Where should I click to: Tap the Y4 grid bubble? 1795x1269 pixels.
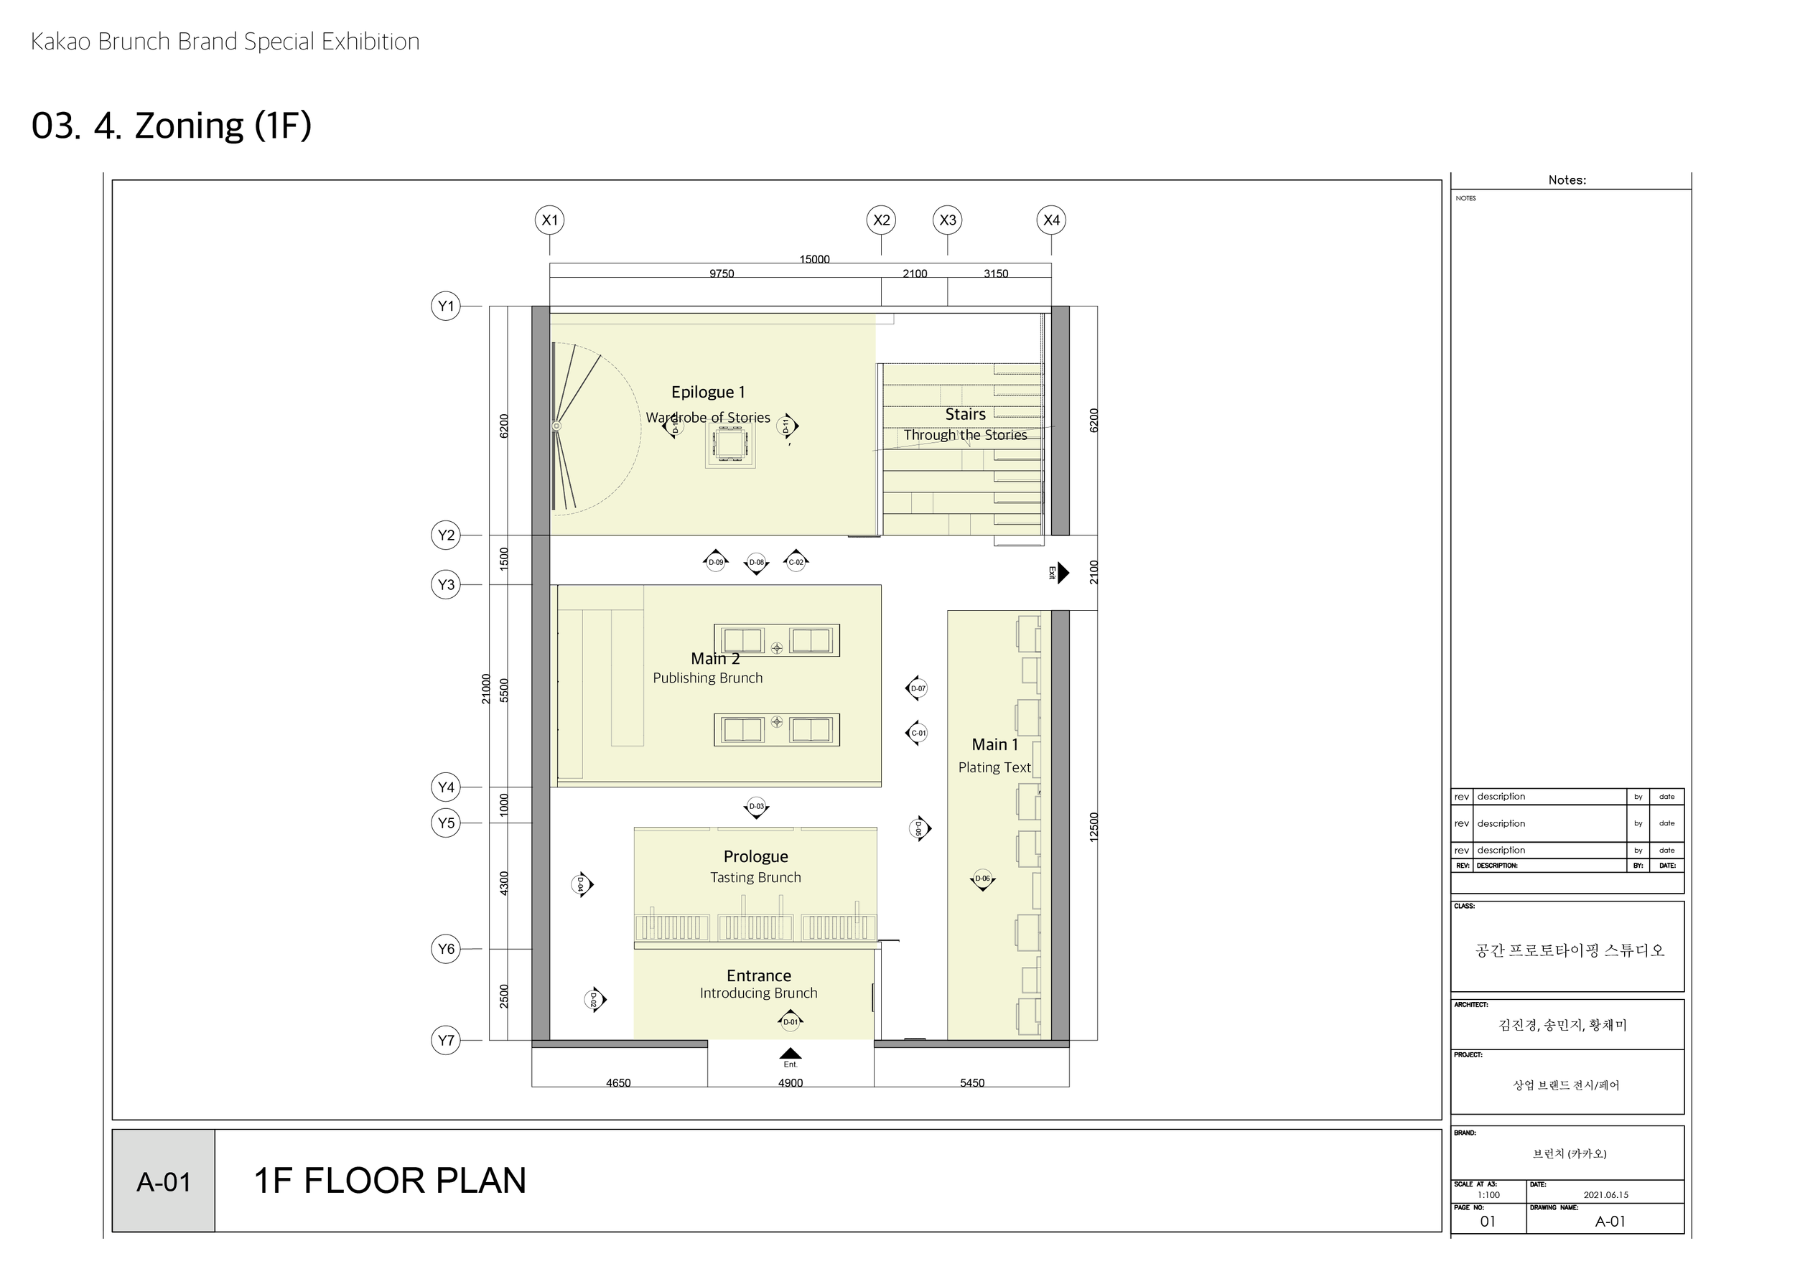point(446,787)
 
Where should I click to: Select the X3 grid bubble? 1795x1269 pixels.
point(948,220)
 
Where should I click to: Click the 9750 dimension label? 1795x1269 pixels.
point(721,273)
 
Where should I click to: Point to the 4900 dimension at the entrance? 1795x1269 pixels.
point(791,1082)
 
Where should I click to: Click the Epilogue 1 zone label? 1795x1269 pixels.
point(707,393)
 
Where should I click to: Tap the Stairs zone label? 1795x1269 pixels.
point(965,414)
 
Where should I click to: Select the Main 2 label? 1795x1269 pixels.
point(714,659)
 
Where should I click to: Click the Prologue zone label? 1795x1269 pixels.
point(755,856)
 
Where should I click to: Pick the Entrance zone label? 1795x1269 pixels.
point(758,975)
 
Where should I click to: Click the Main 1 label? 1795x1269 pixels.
point(994,745)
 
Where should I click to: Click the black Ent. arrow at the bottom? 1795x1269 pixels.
point(791,1054)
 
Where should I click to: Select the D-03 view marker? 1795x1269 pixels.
point(756,807)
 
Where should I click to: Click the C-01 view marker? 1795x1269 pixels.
point(917,733)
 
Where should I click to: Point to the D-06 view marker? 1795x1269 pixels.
point(982,879)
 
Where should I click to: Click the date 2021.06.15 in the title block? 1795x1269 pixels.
point(1605,1195)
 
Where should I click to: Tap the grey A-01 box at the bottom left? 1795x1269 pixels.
point(164,1181)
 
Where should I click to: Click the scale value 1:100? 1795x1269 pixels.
point(1488,1195)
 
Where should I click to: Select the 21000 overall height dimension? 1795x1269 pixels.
point(485,688)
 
